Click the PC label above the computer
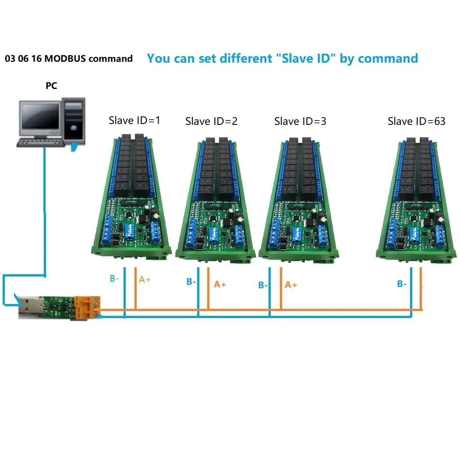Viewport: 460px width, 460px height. (51, 86)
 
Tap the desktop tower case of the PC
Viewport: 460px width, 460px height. (74, 121)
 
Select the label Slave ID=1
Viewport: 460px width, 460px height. (134, 120)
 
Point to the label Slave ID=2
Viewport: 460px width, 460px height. (212, 121)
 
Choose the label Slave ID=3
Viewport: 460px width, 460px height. (301, 121)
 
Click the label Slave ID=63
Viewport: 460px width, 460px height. (417, 121)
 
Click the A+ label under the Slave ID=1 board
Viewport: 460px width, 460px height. (145, 280)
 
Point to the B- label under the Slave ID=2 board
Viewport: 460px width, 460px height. (191, 282)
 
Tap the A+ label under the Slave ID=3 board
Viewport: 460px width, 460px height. (291, 285)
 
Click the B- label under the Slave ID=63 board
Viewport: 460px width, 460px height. (402, 284)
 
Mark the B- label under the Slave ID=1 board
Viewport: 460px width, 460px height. (114, 279)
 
